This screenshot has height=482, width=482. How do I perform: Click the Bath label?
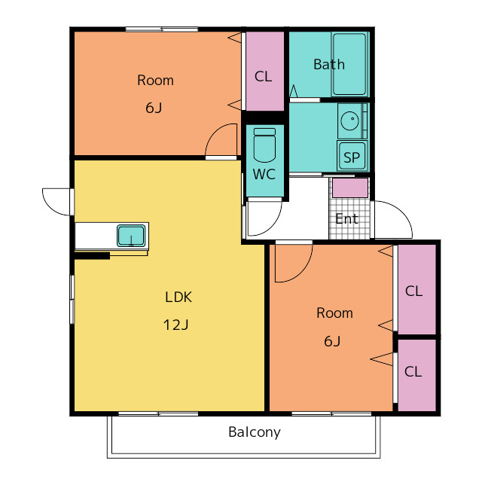pyautogui.click(x=329, y=65)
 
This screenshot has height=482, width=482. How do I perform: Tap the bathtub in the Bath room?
pyautogui.click(x=349, y=64)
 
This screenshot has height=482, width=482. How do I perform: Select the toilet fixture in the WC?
pyautogui.click(x=264, y=145)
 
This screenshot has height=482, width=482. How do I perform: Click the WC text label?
pyautogui.click(x=264, y=174)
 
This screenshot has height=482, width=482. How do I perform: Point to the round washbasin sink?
pyautogui.click(x=349, y=120)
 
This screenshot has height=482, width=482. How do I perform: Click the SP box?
pyautogui.click(x=352, y=156)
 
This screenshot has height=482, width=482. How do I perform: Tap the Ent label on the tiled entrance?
pyautogui.click(x=346, y=219)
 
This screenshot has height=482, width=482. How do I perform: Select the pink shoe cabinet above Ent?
pyautogui.click(x=350, y=188)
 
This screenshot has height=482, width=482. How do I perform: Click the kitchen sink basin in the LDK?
pyautogui.click(x=131, y=236)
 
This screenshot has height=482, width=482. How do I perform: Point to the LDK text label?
pyautogui.click(x=178, y=297)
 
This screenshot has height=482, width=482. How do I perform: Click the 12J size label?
pyautogui.click(x=175, y=325)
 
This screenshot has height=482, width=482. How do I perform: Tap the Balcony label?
pyautogui.click(x=255, y=432)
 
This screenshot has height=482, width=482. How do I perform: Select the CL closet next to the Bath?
pyautogui.click(x=264, y=72)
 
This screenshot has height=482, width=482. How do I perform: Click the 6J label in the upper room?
pyautogui.click(x=154, y=108)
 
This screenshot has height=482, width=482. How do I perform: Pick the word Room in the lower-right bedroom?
pyautogui.click(x=334, y=313)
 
